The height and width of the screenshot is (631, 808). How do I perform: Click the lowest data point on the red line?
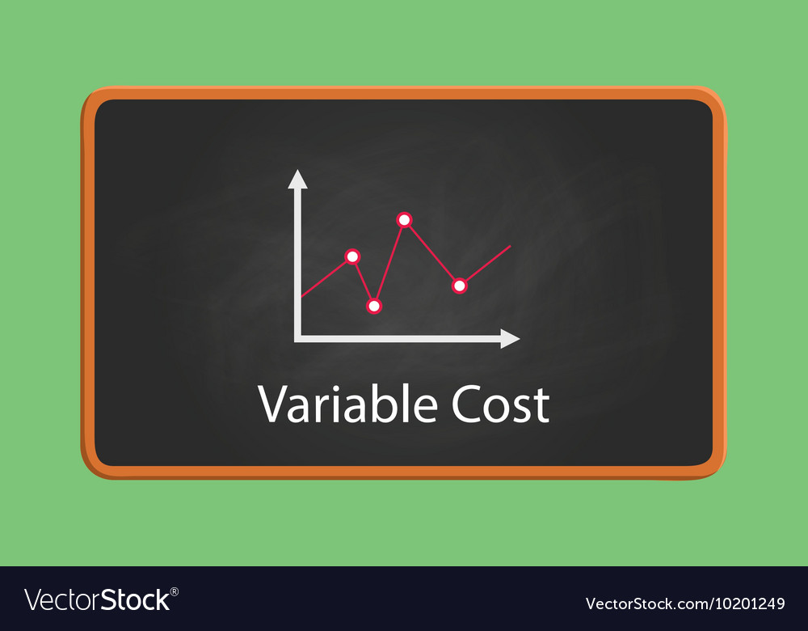pos(373,306)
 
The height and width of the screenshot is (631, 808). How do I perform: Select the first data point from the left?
pos(352,256)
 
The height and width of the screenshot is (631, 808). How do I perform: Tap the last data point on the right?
pos(460,286)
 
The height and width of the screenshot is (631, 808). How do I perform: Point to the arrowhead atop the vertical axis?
pos(298,180)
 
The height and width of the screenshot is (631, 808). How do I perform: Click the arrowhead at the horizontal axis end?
pos(510,339)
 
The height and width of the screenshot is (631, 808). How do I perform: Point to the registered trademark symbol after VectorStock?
pos(175,591)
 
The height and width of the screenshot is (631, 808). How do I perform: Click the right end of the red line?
pos(510,245)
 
